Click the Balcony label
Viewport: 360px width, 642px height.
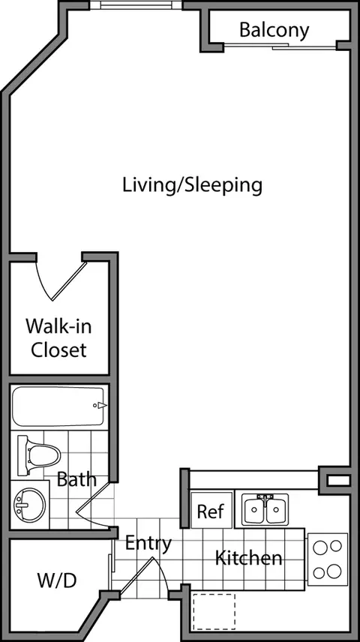click(x=274, y=31)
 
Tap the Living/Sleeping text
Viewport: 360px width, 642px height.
click(x=193, y=185)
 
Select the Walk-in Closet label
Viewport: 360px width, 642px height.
click(x=59, y=337)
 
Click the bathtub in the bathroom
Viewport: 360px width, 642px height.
click(x=59, y=406)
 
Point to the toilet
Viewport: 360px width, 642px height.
click(x=39, y=455)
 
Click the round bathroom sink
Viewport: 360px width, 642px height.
click(x=29, y=505)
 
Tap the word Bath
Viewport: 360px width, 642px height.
click(x=76, y=479)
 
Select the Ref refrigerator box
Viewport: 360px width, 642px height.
click(x=211, y=510)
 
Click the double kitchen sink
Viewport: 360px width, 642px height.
click(x=265, y=509)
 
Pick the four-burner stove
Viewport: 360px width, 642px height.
click(x=328, y=559)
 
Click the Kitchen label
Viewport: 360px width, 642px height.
click(x=248, y=558)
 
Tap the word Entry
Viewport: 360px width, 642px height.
click(x=148, y=544)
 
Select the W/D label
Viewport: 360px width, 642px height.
click(x=57, y=580)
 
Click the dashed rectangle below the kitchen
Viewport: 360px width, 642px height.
click(x=214, y=612)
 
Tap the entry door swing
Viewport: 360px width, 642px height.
click(x=144, y=575)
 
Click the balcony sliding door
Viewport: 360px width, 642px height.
click(x=280, y=46)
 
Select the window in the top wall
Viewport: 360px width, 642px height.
click(x=136, y=5)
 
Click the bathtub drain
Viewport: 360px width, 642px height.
click(x=95, y=405)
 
